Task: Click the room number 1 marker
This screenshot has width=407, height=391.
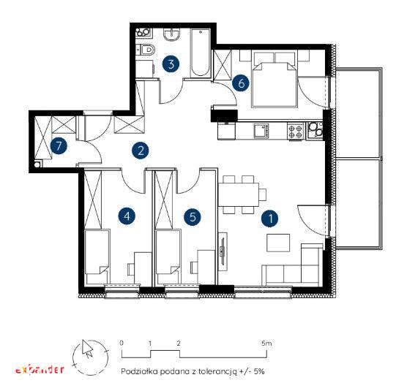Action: (270, 219)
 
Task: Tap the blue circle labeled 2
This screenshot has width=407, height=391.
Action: (140, 151)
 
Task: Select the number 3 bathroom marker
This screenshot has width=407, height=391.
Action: (171, 64)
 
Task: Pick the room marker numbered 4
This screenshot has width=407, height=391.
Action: (127, 216)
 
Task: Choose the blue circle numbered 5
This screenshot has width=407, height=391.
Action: (193, 216)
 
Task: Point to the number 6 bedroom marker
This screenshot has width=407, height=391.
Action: (241, 83)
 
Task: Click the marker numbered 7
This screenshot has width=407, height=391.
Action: (59, 146)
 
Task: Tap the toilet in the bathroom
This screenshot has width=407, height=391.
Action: (146, 49)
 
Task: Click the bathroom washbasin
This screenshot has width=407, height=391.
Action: (171, 35)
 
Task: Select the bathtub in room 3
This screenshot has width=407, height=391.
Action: (200, 53)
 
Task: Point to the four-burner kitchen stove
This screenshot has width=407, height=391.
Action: (296, 131)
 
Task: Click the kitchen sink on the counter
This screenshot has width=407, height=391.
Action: (261, 130)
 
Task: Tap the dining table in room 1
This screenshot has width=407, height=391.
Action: (239, 194)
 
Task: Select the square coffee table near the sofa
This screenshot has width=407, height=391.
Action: (278, 243)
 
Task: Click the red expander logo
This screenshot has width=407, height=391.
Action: (40, 369)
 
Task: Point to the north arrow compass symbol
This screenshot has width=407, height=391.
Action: (90, 357)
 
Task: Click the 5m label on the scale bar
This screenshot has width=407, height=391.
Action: (266, 343)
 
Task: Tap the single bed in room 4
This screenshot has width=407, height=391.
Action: (97, 256)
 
